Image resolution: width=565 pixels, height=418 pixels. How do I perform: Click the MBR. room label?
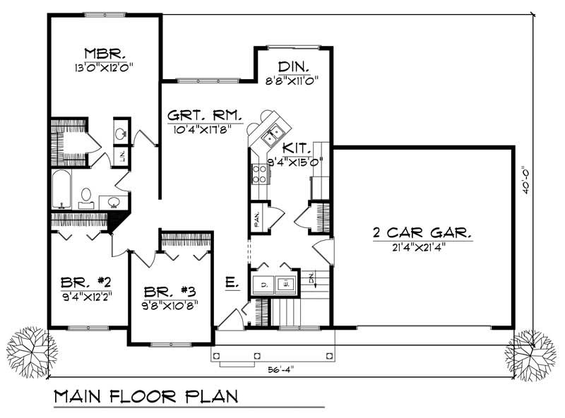[105, 54]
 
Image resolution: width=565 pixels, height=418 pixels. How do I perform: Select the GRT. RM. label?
[206, 115]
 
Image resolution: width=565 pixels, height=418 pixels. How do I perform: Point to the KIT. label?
[295, 148]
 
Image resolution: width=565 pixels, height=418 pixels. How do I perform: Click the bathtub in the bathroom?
[61, 189]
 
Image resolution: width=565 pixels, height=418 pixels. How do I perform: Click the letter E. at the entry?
[232, 283]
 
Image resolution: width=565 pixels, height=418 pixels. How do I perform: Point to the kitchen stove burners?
[258, 174]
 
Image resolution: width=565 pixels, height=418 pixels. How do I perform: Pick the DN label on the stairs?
[311, 279]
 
